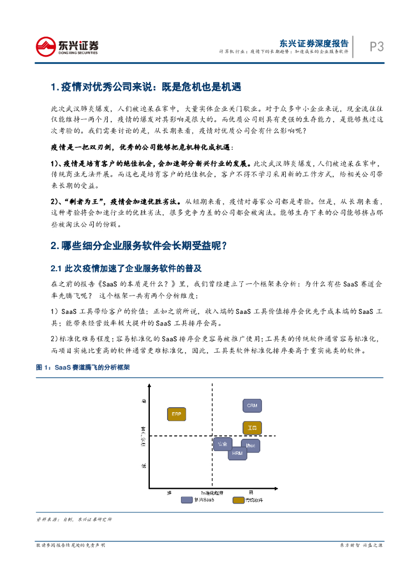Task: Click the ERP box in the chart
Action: click(x=176, y=414)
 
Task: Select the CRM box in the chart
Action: click(x=251, y=405)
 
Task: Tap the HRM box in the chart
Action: click(x=237, y=453)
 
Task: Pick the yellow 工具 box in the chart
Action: click(x=251, y=428)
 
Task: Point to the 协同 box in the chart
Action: click(x=251, y=445)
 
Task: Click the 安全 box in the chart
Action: click(x=222, y=444)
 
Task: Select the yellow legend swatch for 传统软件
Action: click(x=239, y=500)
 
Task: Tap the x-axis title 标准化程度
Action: click(x=212, y=492)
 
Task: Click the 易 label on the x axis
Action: click(x=251, y=492)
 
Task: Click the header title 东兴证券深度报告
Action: click(x=314, y=43)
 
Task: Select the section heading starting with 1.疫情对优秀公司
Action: click(x=145, y=87)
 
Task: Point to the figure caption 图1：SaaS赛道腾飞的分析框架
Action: click(x=83, y=367)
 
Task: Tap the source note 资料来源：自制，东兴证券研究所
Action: click(x=74, y=519)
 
